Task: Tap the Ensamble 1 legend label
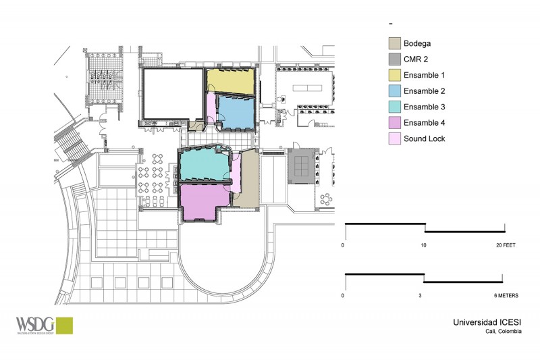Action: (423, 74)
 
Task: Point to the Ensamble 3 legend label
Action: (423, 107)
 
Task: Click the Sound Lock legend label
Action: (425, 138)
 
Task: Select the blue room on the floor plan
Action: (235, 112)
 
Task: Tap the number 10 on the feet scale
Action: (424, 246)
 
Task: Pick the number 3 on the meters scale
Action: (421, 296)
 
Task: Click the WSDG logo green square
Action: (64, 325)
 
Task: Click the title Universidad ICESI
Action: (487, 322)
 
